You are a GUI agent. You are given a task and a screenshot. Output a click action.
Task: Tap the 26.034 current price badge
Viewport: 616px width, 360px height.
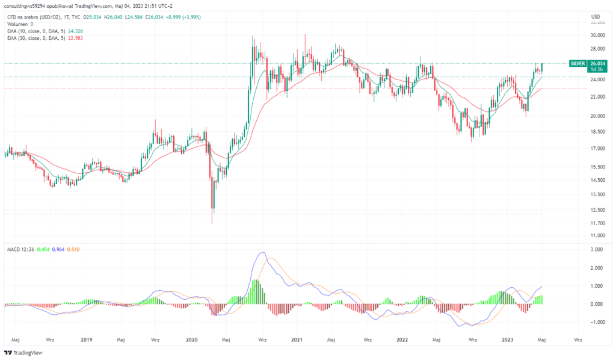[x=598, y=63]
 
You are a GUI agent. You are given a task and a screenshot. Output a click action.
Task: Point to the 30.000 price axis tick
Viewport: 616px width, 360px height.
[x=598, y=35]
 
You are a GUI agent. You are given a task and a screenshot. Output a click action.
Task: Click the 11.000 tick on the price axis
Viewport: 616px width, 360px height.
[x=598, y=235]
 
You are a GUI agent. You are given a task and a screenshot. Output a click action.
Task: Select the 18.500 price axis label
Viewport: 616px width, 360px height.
[x=598, y=132]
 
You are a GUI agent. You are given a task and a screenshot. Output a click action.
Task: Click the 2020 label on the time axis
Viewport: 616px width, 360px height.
[x=192, y=340]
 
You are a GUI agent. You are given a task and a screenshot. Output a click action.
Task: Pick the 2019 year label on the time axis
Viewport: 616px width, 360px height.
[x=86, y=340]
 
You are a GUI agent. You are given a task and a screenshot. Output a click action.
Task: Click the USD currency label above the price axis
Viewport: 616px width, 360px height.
[x=596, y=16]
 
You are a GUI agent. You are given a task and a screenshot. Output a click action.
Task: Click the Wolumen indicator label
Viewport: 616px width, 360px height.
[x=16, y=23]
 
